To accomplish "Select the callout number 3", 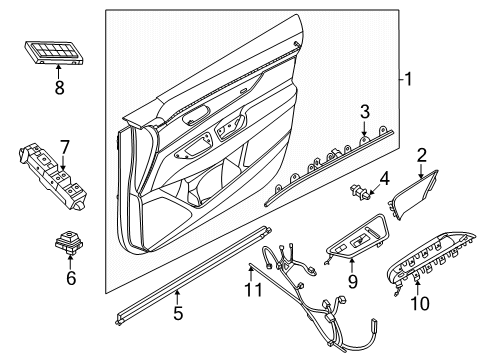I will (x=366, y=111).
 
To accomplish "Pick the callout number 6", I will (x=71, y=278).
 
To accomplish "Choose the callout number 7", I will (x=63, y=148).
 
